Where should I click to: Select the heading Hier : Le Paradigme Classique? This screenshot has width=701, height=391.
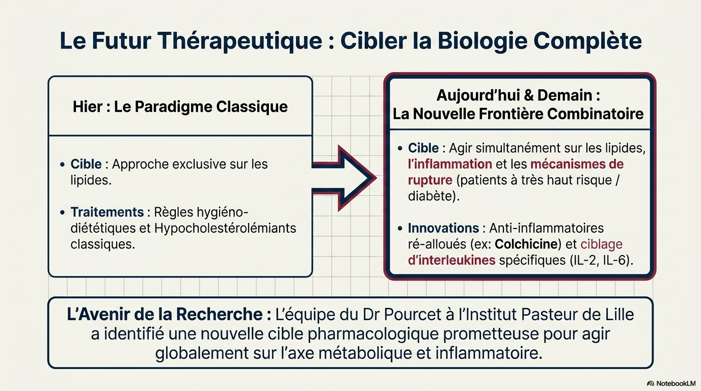coord(180,107)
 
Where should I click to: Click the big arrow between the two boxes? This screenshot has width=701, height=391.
coord(344,178)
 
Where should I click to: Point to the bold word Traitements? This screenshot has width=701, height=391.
coord(107,212)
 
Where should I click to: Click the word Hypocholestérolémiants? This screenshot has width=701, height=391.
coord(225,229)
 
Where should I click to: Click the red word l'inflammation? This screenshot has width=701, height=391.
coord(450,164)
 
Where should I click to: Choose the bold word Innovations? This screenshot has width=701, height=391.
coord(443,228)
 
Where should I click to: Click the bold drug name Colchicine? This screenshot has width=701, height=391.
coord(526,244)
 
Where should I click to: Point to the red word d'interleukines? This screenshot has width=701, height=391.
coord(451,260)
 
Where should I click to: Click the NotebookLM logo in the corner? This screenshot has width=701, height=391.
coord(671,383)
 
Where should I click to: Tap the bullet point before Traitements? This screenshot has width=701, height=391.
coord(62,212)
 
